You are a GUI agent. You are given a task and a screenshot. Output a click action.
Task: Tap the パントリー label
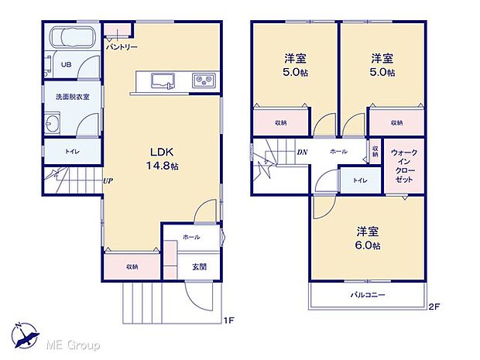tap(122, 47)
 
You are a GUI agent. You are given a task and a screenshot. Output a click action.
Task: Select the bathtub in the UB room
tap(70, 37)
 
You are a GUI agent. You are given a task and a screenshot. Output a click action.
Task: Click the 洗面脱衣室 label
tap(71, 97)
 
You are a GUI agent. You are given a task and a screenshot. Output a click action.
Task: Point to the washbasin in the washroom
tap(53, 124)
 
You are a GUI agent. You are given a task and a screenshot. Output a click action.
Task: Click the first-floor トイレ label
tap(72, 152)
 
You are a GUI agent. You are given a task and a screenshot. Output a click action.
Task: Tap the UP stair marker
tap(108, 181)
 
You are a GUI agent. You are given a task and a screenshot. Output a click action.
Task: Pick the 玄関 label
tap(199, 266)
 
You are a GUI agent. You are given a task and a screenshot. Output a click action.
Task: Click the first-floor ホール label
tap(191, 237)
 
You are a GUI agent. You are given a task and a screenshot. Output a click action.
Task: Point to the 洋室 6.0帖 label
tap(368, 238)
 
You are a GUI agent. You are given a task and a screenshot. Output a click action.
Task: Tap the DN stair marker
tap(301, 152)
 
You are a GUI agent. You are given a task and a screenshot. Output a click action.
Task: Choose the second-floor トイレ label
tap(360, 180)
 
